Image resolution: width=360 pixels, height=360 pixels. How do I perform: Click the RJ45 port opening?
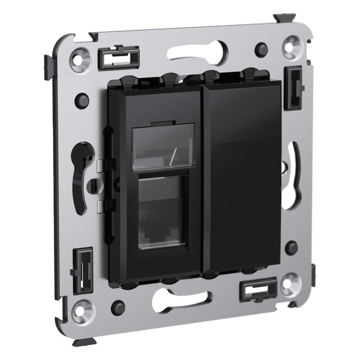pos(160,212)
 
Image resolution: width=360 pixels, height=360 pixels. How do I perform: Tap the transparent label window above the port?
pos(163,147)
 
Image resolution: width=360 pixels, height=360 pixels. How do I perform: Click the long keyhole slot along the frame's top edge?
pos(197,52)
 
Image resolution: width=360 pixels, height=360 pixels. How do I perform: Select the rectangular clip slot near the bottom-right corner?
pos(258,290)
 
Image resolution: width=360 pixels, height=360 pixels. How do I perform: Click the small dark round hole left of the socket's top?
pos(82,100)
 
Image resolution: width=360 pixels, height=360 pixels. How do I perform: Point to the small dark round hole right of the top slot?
pos(261,50)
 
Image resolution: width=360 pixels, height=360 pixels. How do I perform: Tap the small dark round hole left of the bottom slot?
pos(118,308)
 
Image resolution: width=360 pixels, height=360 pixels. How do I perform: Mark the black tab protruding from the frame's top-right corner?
pos(284,18)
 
